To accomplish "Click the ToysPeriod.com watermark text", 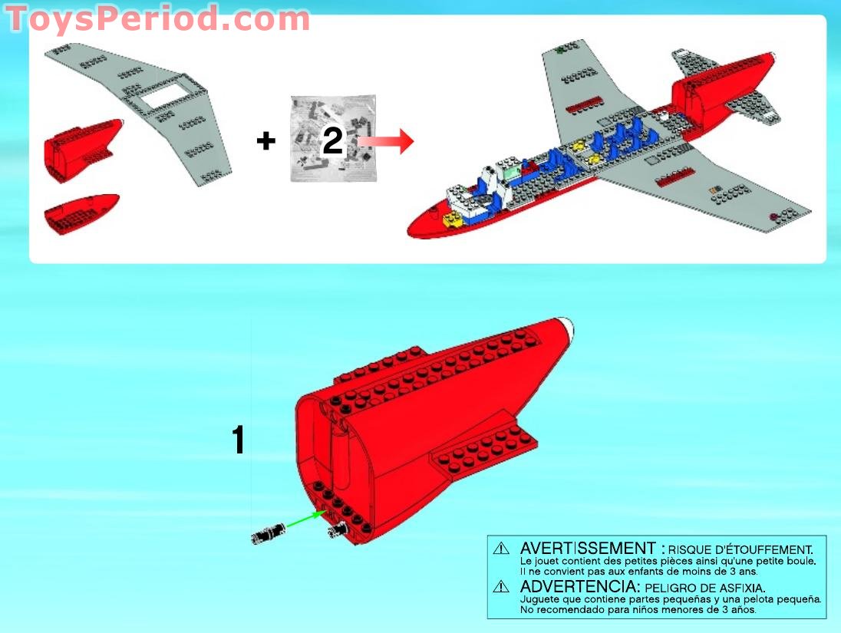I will (x=157, y=18).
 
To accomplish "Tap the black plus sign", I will (x=265, y=141).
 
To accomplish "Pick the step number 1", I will (x=239, y=440).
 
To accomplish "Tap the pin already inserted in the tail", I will (x=335, y=530).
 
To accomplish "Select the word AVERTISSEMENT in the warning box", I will (x=587, y=549).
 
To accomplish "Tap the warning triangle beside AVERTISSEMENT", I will (x=501, y=549).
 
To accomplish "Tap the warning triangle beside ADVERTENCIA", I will (x=501, y=586).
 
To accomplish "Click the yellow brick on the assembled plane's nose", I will (x=452, y=219).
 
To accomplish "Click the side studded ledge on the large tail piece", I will (x=483, y=449).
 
